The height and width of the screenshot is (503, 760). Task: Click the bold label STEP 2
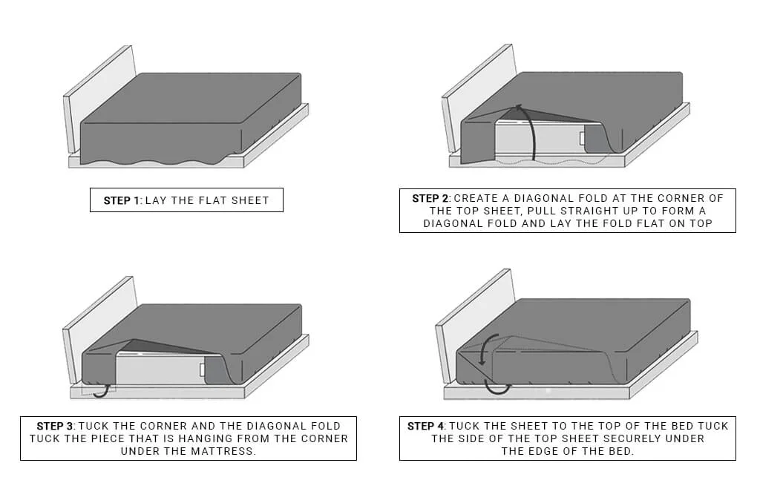(430, 198)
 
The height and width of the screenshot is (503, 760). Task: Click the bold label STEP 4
(426, 426)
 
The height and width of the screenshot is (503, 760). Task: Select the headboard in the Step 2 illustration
(479, 96)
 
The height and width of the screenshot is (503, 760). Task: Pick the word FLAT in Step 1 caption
(209, 200)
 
